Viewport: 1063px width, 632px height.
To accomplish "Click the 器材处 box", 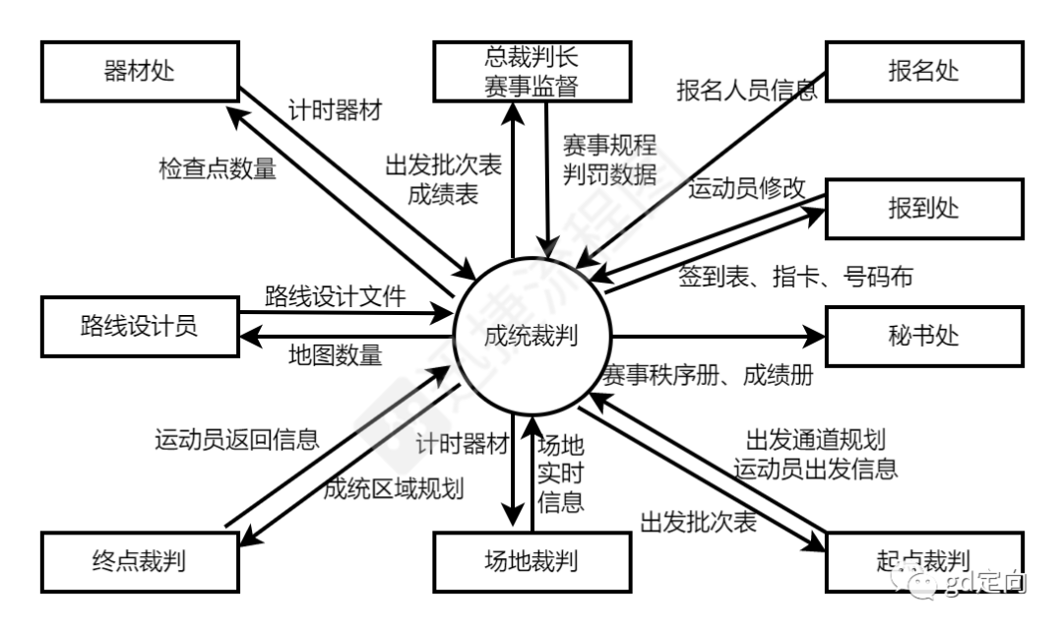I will [x=140, y=70].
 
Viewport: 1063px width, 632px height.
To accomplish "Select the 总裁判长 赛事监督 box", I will [x=531, y=70].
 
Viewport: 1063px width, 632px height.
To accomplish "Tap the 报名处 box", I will [x=923, y=70].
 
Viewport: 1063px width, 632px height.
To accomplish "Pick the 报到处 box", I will [x=923, y=209].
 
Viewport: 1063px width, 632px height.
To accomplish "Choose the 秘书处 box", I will [x=923, y=336].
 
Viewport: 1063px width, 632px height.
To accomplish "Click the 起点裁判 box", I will [x=923, y=561].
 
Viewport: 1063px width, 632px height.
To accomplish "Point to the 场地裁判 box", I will [x=531, y=561].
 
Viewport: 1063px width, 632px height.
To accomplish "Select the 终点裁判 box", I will [x=140, y=561].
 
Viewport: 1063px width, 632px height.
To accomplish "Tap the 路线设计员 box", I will [x=140, y=326].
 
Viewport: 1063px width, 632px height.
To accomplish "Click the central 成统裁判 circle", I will [x=531, y=336].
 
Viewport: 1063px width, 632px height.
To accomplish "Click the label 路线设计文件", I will [x=336, y=295].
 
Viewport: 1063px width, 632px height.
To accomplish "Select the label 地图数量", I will [x=335, y=354].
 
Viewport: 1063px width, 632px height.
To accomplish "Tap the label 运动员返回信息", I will [x=237, y=439].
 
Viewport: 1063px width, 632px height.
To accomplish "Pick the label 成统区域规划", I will [x=394, y=488].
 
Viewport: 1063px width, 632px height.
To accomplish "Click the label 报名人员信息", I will [x=746, y=92].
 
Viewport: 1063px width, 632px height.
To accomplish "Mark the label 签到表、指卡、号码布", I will [x=795, y=277].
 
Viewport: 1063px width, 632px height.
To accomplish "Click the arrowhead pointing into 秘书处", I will [x=813, y=336].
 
